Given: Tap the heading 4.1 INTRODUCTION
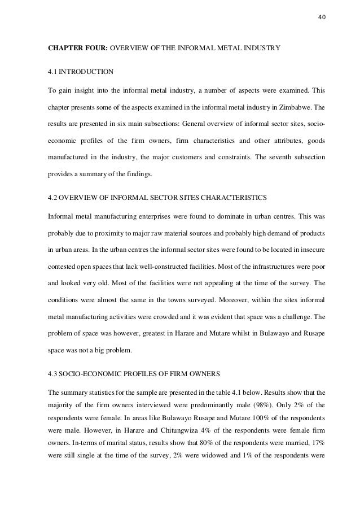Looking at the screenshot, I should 76,73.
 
